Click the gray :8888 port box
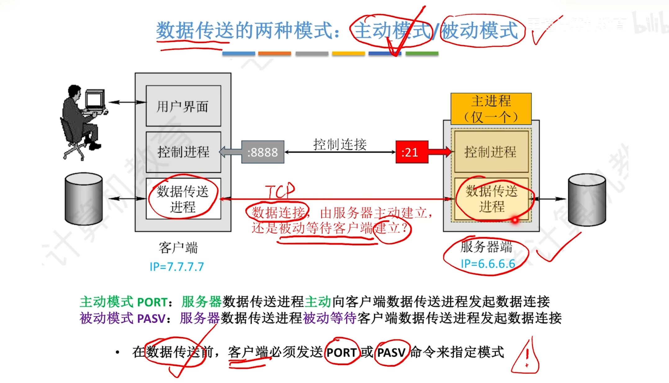coord(263,152)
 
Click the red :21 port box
coord(412,152)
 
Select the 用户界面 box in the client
coord(183,106)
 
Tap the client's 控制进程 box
coord(183,152)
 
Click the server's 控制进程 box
coord(491,152)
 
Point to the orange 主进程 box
coord(491,109)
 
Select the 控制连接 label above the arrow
coord(340,144)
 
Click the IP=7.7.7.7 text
coord(177,267)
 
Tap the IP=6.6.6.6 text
coord(488,264)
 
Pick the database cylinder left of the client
coord(84,199)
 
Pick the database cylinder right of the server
coord(587,200)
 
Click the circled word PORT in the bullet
coord(341,352)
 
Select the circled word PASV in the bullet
coord(392,352)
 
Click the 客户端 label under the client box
coord(178,248)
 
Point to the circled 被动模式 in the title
coord(480,31)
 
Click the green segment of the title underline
coord(422,54)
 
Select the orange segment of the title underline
coord(274,54)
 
